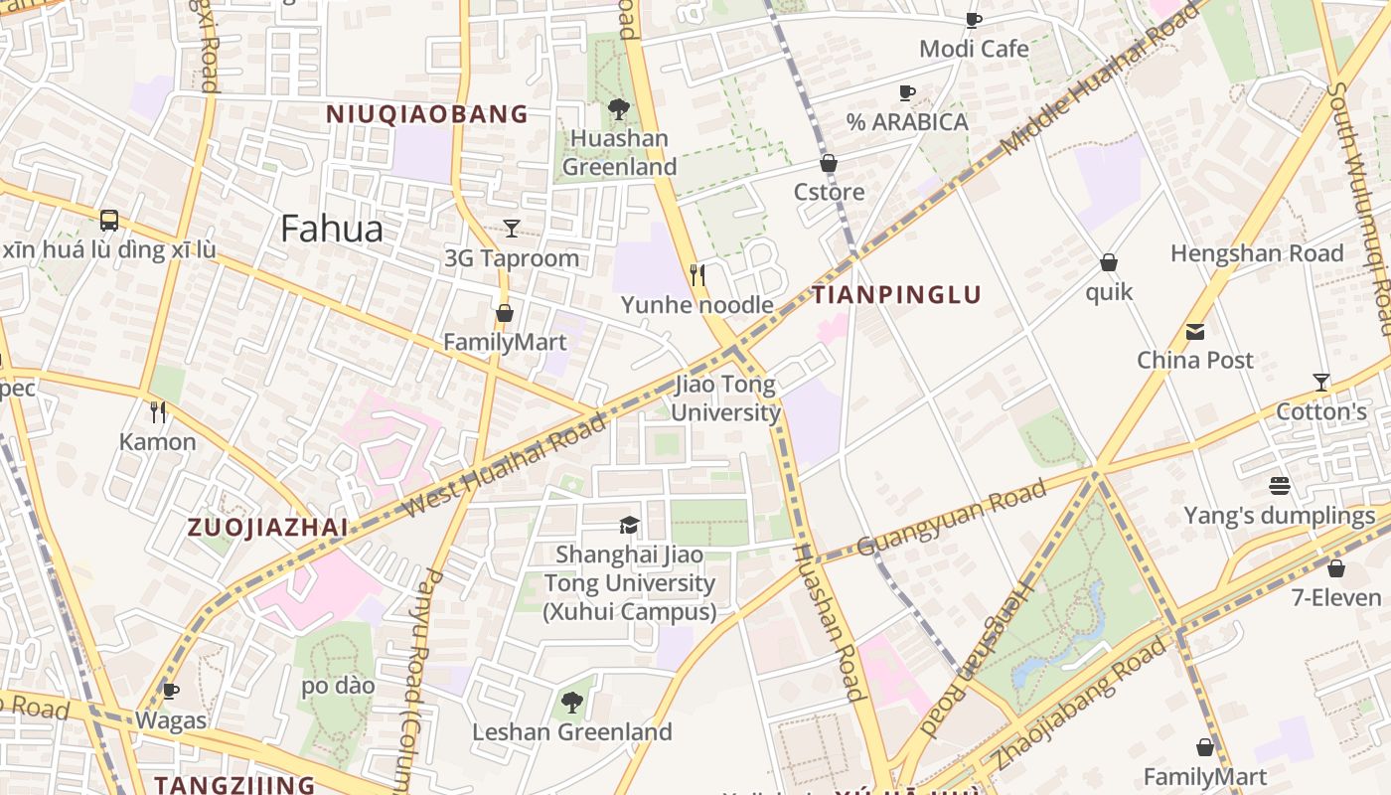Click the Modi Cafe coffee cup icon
pyautogui.click(x=974, y=20)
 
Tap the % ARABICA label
pyautogui.click(x=907, y=122)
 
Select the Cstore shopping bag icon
pyautogui.click(x=829, y=163)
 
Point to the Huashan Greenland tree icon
pyautogui.click(x=618, y=108)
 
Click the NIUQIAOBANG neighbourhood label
pyautogui.click(x=427, y=114)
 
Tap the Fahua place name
pyautogui.click(x=332, y=230)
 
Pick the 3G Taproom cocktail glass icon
pyautogui.click(x=512, y=229)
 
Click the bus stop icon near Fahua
pyautogui.click(x=109, y=220)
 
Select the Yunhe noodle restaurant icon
pyautogui.click(x=697, y=274)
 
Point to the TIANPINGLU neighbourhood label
pyautogui.click(x=896, y=295)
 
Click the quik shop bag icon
pyautogui.click(x=1109, y=263)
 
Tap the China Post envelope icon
pyautogui.click(x=1195, y=331)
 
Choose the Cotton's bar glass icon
pyautogui.click(x=1321, y=382)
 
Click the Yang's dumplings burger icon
pyautogui.click(x=1280, y=486)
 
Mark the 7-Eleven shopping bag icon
pyautogui.click(x=1336, y=568)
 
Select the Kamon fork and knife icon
pyautogui.click(x=158, y=411)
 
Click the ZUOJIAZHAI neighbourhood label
pyautogui.click(x=268, y=528)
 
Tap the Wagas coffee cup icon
pyautogui.click(x=171, y=691)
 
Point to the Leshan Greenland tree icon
pyautogui.click(x=572, y=703)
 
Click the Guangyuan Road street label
pyautogui.click(x=951, y=518)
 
